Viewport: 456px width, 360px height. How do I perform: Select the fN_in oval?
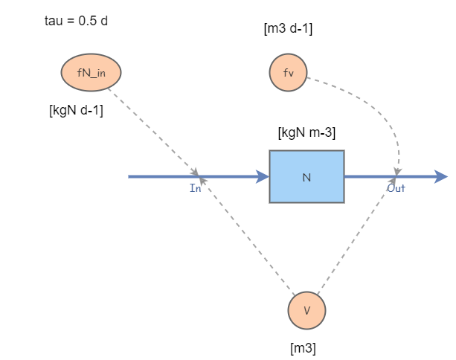[91, 72]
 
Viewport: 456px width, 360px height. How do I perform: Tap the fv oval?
[288, 73]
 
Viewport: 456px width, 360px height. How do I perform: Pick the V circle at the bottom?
[306, 311]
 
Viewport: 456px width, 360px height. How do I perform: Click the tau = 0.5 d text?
[76, 20]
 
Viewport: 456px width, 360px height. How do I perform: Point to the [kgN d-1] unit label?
[76, 112]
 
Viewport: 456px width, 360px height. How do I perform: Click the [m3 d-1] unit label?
[288, 30]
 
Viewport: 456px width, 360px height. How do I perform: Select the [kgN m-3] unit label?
[306, 134]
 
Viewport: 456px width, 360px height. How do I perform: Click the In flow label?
[196, 188]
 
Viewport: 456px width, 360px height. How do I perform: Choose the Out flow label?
[396, 188]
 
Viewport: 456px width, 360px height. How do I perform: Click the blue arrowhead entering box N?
[262, 176]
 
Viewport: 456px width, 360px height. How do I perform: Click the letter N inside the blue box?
[306, 177]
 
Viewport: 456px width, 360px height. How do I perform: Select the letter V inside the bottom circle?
[306, 311]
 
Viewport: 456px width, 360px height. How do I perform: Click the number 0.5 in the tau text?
[88, 20]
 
